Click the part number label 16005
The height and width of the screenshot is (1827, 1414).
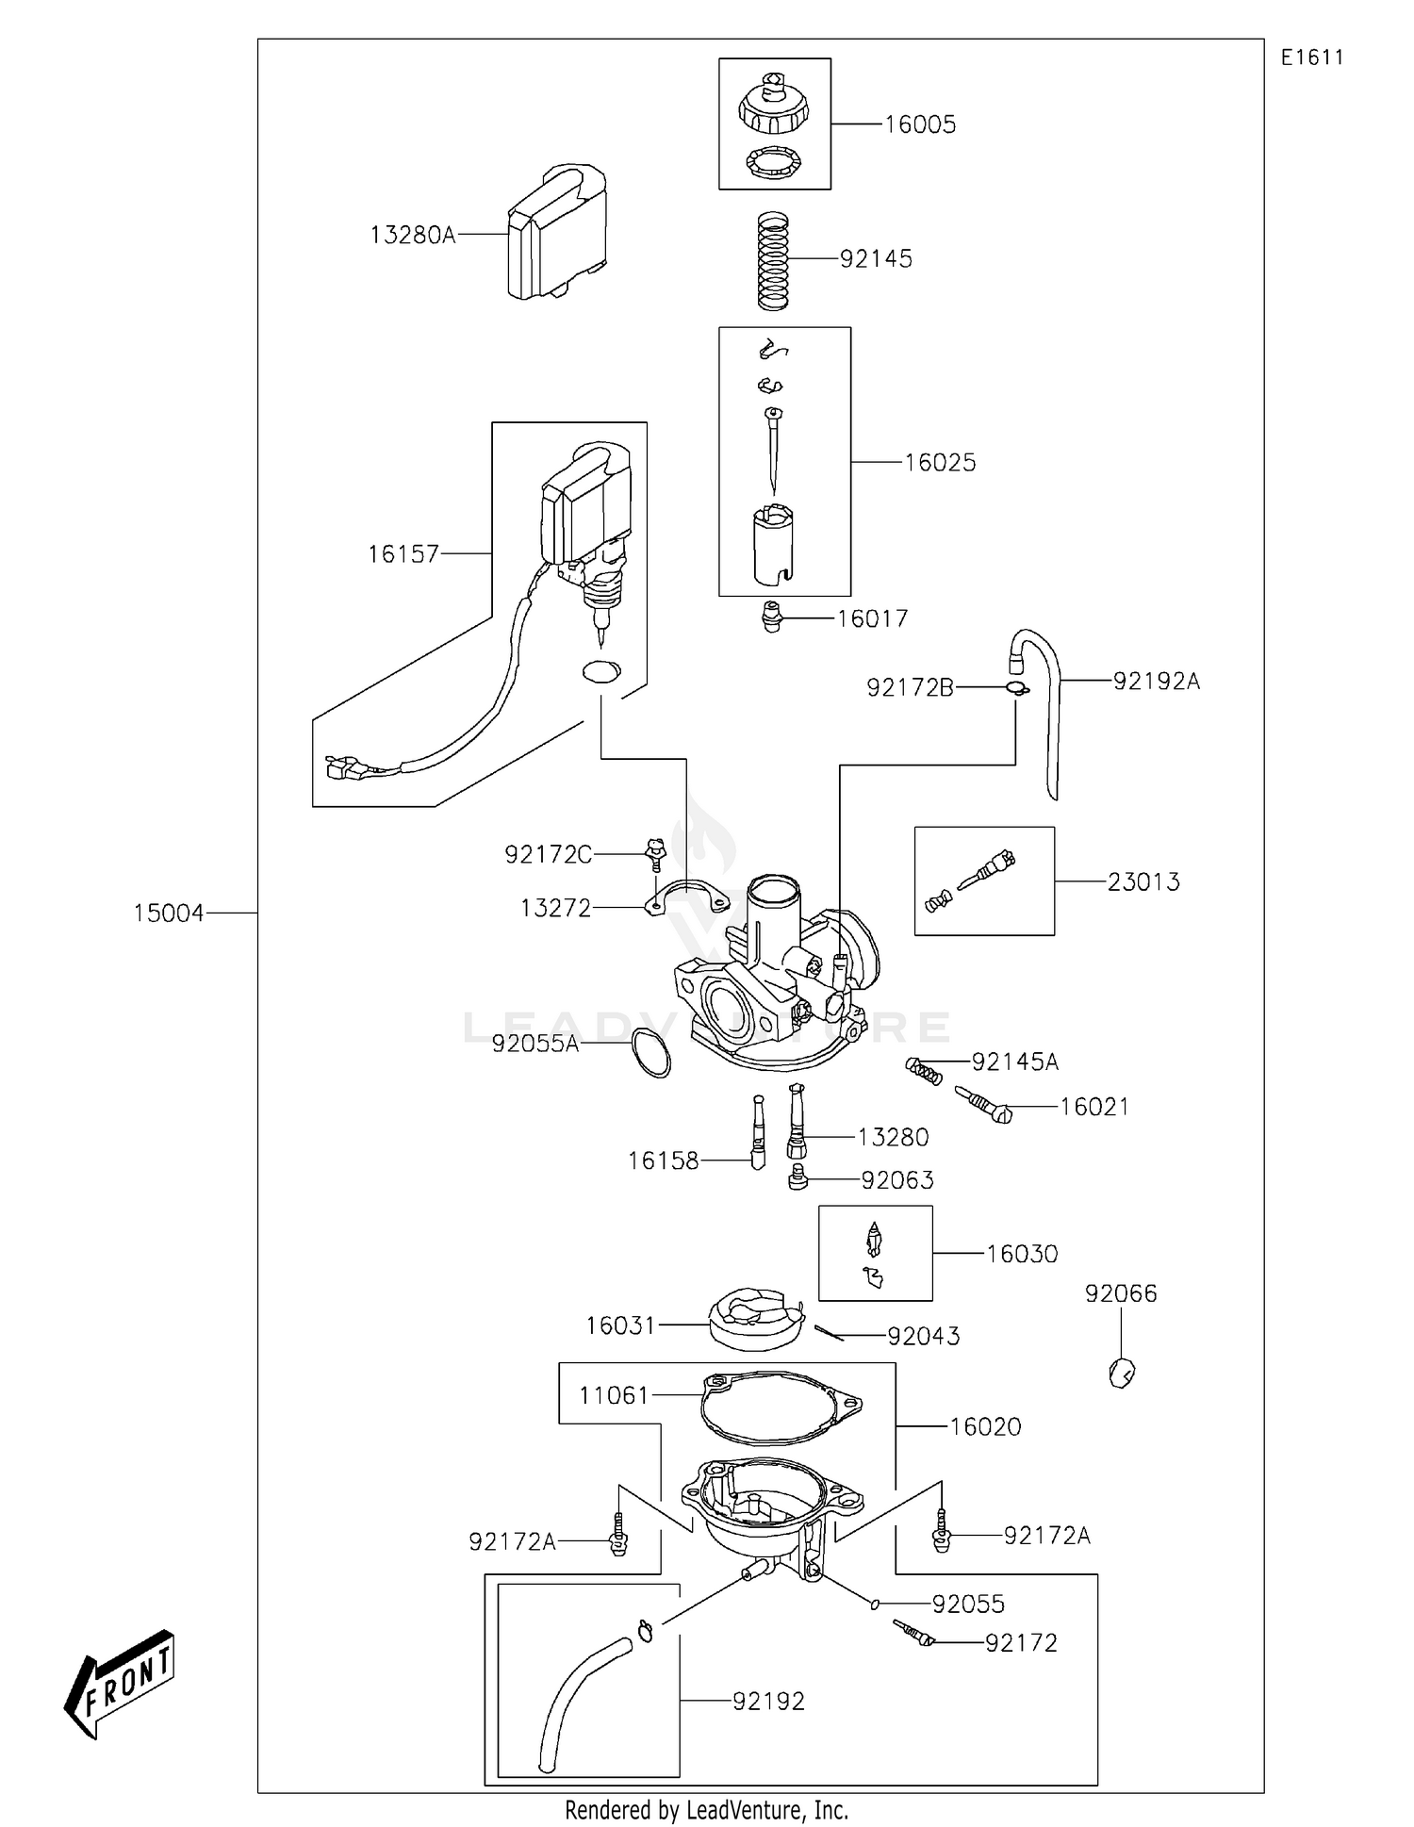pos(919,124)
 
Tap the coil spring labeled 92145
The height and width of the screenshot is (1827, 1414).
pos(773,260)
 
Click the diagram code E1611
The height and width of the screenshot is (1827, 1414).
pos(1312,58)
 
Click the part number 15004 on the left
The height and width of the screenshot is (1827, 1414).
pos(168,913)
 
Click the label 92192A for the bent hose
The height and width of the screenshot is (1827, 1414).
pos(1157,681)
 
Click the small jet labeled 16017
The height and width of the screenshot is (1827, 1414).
pos(772,617)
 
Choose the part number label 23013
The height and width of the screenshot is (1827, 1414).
pos(1143,881)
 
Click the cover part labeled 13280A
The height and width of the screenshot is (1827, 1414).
pos(557,232)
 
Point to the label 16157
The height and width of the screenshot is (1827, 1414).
pos(403,553)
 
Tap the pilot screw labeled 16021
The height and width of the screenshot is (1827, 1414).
pos(983,1105)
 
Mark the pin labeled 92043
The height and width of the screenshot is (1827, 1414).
pos(830,1331)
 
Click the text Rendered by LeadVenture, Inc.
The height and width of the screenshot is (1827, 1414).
pos(706,1810)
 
